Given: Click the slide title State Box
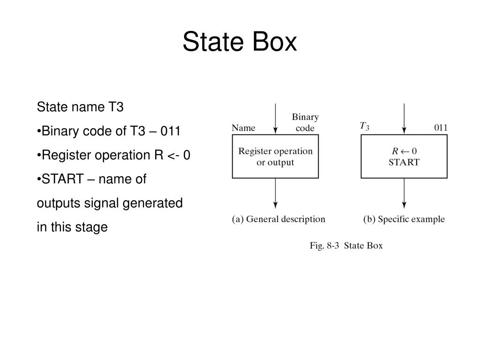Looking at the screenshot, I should (240, 42).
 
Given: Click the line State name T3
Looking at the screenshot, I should (80, 107).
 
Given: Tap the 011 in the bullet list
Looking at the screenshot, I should (170, 131).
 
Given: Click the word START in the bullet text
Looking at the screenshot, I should (59, 179).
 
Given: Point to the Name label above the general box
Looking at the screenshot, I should (244, 127).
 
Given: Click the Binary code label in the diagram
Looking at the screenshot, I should (305, 122).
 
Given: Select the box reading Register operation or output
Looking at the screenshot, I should (275, 157).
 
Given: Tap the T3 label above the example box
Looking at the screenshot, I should (364, 126).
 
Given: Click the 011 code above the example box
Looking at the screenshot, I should (441, 127).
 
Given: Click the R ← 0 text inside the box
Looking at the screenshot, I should (404, 151).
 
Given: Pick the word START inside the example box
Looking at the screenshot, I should (404, 163).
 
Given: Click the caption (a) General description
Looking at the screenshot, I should (278, 219).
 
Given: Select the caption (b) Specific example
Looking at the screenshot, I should (404, 219).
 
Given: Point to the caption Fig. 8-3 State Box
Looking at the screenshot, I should (346, 245).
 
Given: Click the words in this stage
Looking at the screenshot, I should (72, 227).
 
